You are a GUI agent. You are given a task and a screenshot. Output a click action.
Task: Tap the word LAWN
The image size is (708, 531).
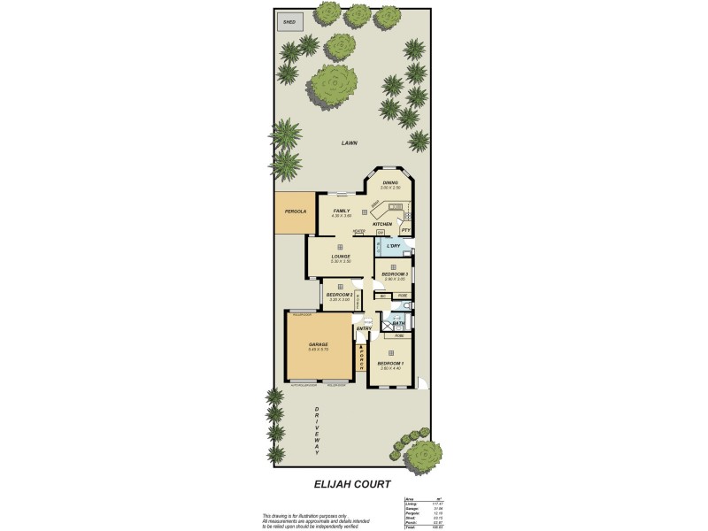pos(349,143)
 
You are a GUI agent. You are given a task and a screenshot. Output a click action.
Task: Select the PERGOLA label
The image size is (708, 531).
pos(295,212)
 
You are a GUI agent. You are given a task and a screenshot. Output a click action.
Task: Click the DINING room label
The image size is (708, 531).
pos(390,183)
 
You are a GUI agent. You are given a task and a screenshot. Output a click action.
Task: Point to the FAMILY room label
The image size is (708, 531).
pos(341,211)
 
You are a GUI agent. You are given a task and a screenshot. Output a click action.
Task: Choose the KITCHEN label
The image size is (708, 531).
pos(382,224)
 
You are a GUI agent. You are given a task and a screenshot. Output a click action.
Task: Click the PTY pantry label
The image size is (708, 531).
pos(405,229)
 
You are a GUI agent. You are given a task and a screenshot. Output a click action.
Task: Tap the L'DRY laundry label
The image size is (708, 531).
pos(394,245)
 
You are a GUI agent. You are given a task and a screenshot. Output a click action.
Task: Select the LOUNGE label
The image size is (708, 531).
pos(341,257)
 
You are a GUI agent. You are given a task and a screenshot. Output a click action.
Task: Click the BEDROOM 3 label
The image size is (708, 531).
pos(394,274)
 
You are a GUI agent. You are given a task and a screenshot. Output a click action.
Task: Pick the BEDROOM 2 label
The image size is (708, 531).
pos(339,295)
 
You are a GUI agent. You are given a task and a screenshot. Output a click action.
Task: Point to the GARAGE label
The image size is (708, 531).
pos(319,344)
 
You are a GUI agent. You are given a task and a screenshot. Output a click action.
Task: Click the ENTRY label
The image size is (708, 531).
pos(363,329)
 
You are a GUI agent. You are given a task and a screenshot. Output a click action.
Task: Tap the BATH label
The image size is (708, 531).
pos(398,324)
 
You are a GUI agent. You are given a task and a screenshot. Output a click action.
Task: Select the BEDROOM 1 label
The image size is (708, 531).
pos(390,364)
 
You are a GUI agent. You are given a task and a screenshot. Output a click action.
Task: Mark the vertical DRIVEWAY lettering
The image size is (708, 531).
pos(316,430)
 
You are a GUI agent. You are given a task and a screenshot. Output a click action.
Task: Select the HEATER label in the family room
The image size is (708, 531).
pos(358,232)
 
